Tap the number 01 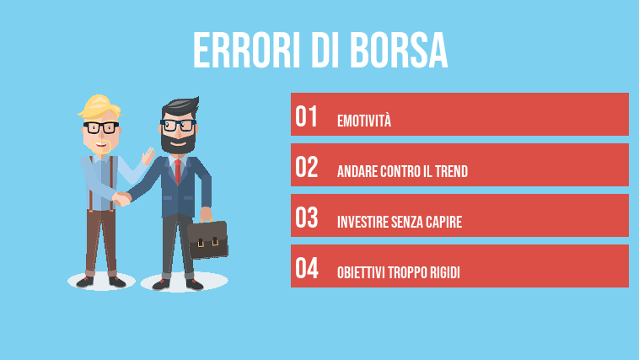[307, 116]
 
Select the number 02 [307, 167]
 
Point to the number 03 [307, 218]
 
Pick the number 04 [307, 269]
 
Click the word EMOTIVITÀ [364, 121]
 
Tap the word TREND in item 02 [451, 172]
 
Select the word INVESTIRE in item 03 [362, 223]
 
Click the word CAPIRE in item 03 [441, 223]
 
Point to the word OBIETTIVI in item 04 [362, 274]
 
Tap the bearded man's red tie [177, 169]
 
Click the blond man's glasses [100, 128]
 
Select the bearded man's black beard [177, 144]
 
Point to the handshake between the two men [123, 199]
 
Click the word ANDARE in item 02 [355, 172]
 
